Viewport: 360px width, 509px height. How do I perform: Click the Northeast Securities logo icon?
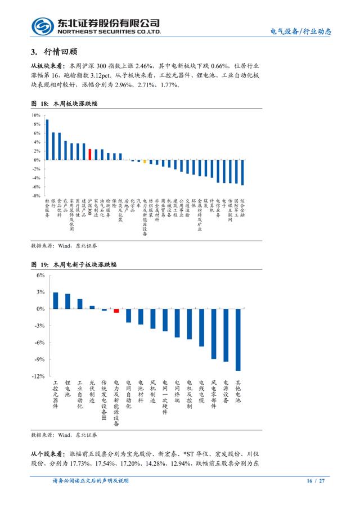coord(43,26)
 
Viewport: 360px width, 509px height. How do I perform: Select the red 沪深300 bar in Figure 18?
coord(90,154)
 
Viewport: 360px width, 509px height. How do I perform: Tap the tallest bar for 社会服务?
coord(47,139)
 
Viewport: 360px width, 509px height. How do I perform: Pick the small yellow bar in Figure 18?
coord(145,161)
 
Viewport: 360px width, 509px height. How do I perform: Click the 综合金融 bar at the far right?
coord(242,172)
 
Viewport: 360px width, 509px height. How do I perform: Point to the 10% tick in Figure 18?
coord(36,115)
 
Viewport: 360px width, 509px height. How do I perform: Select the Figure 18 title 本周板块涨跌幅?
coord(79,103)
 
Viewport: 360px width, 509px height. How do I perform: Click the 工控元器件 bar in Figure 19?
coord(55,300)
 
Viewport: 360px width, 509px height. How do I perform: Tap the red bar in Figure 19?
coord(116,310)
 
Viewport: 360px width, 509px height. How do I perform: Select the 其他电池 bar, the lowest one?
coord(238,340)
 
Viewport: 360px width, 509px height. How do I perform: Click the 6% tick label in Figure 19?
coord(40,275)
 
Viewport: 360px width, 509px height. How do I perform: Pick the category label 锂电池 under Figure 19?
coord(67,389)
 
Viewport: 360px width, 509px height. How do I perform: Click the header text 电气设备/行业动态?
coord(301,32)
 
